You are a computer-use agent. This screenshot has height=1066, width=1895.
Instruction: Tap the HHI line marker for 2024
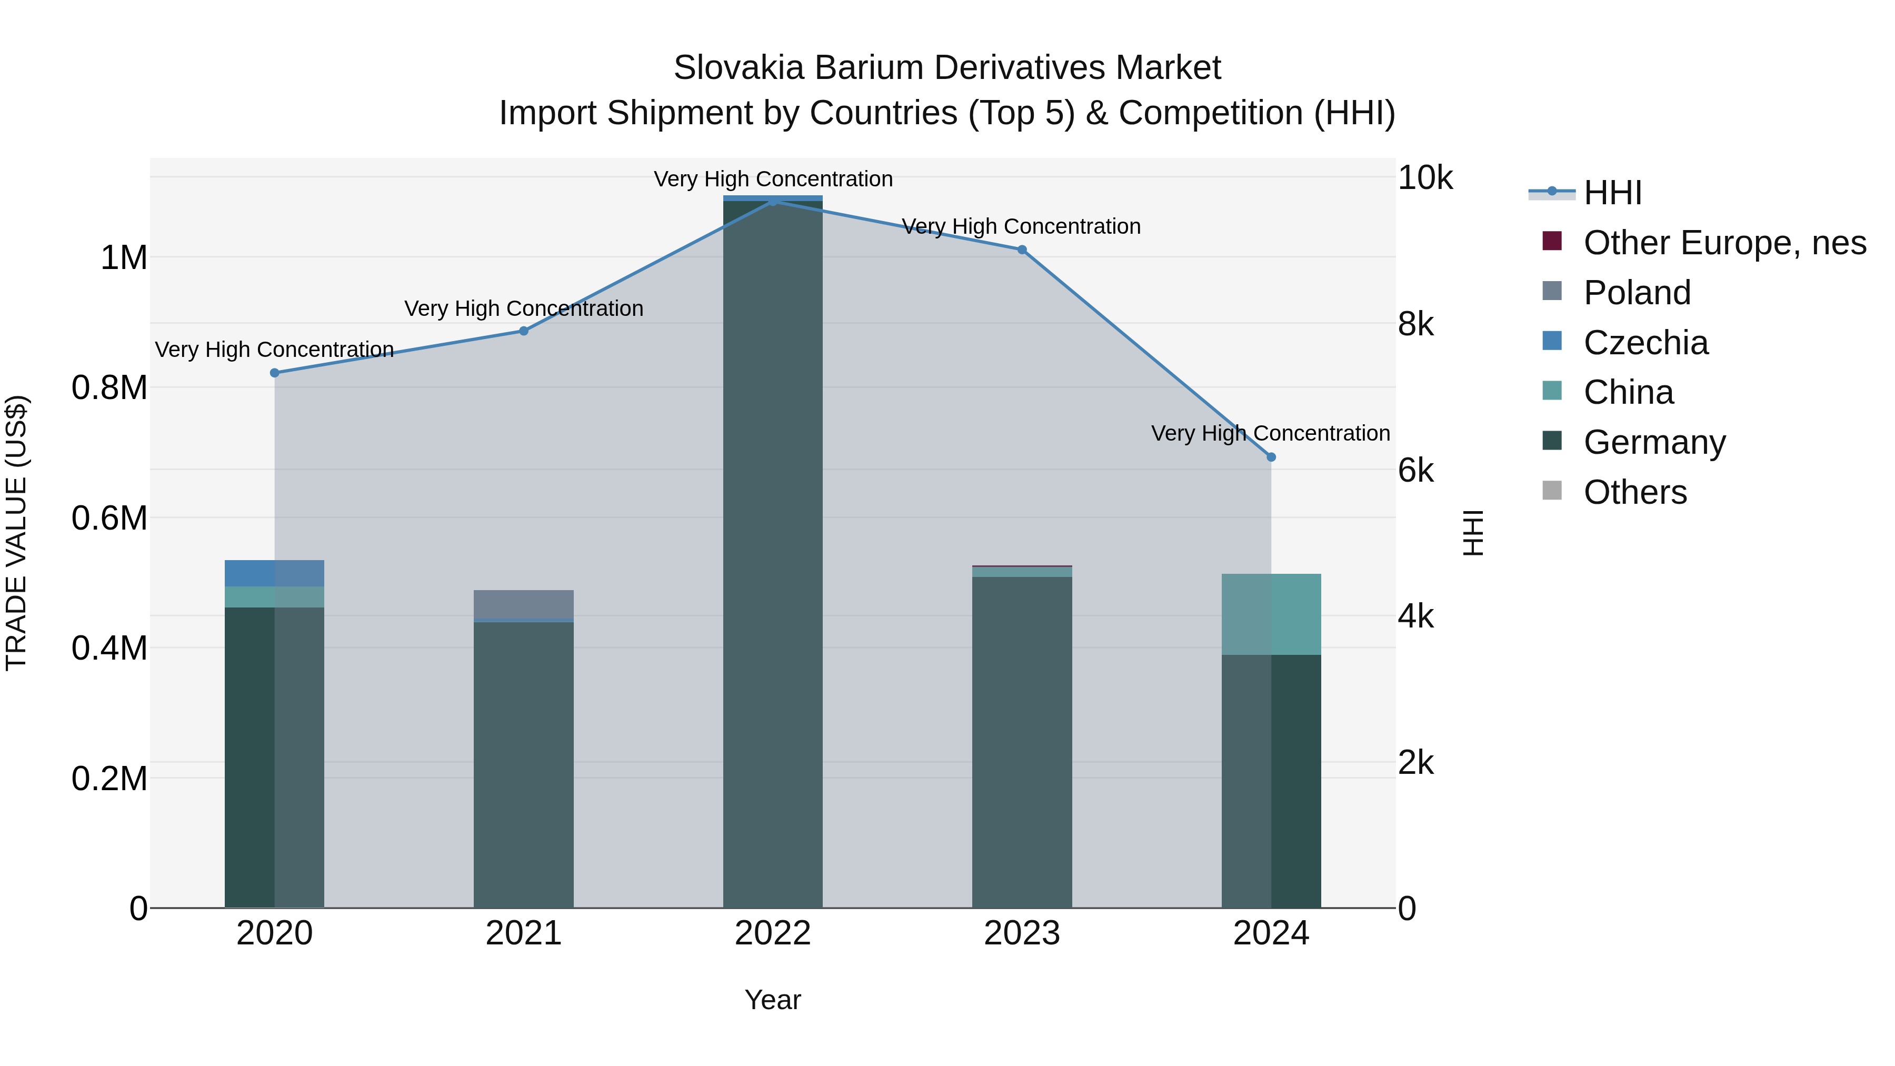1271,457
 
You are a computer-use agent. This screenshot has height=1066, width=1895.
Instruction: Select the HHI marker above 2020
274,373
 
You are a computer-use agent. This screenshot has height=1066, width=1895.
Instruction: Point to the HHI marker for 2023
1021,250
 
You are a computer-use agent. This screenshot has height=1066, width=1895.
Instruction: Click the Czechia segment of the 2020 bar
274,573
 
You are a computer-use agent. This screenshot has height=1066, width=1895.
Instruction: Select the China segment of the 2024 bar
1271,614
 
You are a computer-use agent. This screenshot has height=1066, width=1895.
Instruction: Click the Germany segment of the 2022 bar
772,552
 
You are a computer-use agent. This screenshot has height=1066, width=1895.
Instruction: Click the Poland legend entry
1637,292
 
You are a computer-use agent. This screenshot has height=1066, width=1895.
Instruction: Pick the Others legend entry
1634,492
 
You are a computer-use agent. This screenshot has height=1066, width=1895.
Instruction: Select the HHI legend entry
1611,193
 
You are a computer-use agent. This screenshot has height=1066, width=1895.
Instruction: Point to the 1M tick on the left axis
124,258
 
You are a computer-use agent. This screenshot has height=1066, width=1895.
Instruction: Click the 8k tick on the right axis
1415,324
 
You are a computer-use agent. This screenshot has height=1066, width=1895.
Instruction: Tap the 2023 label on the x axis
1021,933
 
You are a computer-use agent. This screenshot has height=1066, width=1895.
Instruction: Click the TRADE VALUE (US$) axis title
16,533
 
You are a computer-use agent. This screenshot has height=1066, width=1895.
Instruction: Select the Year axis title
772,1000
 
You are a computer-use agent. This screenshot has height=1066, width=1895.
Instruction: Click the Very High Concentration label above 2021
523,308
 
